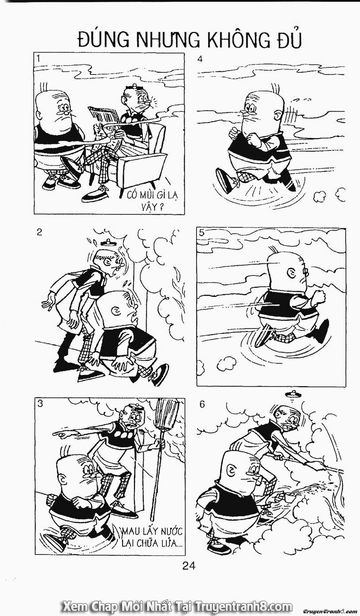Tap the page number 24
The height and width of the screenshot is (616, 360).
[x=189, y=566]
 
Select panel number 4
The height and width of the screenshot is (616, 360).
[x=200, y=59]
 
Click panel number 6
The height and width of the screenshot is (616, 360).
[x=202, y=404]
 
